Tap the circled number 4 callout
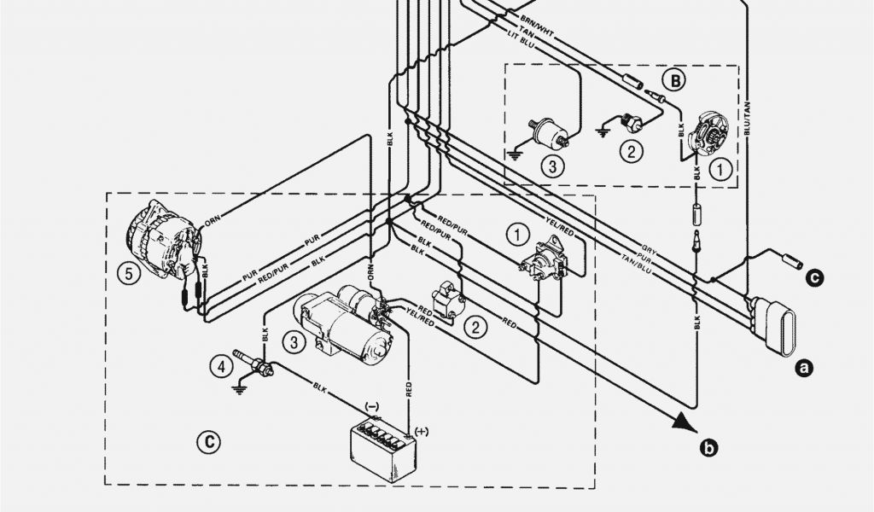(x=220, y=367)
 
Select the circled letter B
(x=674, y=81)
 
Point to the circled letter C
(x=207, y=441)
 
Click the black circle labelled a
(x=801, y=368)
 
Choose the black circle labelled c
(x=815, y=276)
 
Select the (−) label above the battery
(x=372, y=406)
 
